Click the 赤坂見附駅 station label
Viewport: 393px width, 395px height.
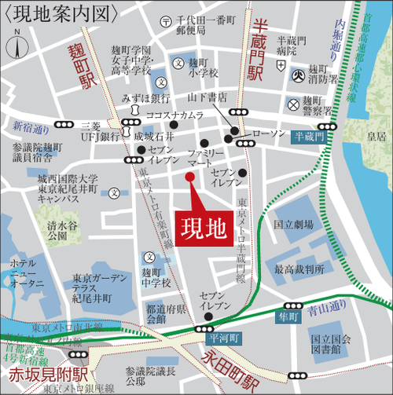[37, 368]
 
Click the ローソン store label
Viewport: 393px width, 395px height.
[270, 133]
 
